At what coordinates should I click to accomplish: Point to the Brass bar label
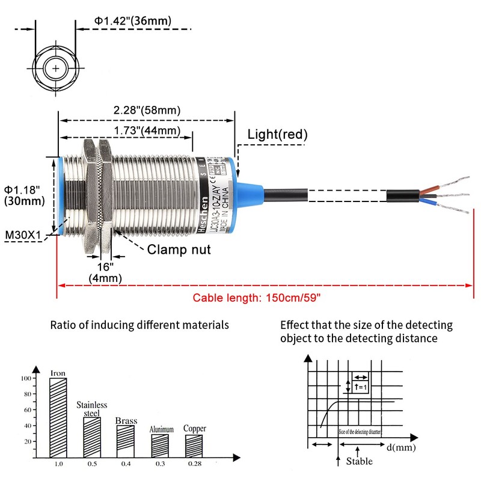pos(126,421)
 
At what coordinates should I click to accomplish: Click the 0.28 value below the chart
pos(194,464)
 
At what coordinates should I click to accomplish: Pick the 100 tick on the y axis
pos(25,378)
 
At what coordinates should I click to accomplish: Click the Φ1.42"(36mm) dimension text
pos(132,21)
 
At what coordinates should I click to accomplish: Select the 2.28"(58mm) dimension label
pos(147,110)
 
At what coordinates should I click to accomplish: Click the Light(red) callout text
pos(277,135)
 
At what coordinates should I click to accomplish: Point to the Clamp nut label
pos(179,249)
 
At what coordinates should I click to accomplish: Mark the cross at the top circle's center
pos(56,69)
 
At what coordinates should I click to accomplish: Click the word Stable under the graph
pos(359,461)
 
